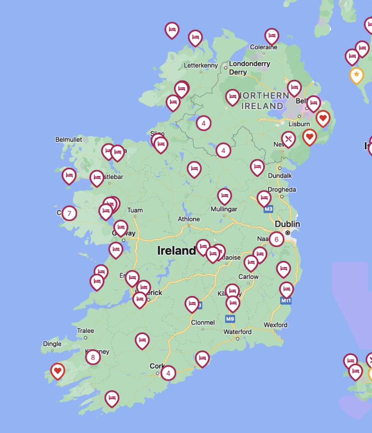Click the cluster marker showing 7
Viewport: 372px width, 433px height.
(69, 213)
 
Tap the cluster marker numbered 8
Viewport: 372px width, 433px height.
(93, 357)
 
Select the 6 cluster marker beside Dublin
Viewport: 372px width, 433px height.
(276, 239)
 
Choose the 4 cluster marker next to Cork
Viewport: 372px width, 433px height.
(168, 373)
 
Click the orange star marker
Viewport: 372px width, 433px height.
(356, 75)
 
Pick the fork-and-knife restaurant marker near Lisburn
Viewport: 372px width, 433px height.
(288, 138)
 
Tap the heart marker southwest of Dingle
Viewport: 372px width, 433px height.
(58, 371)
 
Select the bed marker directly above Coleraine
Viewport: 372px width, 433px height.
(272, 36)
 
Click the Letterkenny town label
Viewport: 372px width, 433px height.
(201, 66)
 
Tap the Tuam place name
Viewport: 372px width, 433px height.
(135, 210)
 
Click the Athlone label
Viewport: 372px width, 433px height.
(189, 219)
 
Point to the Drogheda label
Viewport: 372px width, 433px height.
(282, 190)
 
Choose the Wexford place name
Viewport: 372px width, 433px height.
(276, 325)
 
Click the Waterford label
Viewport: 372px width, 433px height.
(238, 332)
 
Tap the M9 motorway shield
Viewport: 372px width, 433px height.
(230, 318)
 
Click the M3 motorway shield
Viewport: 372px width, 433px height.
(267, 209)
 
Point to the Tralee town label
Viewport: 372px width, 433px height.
(85, 331)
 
